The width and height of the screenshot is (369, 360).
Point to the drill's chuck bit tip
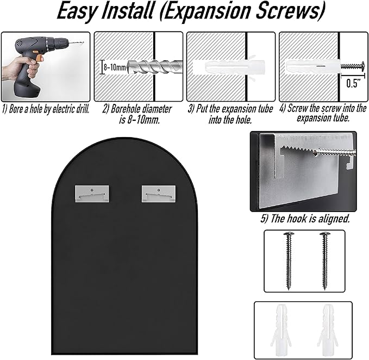(83, 42)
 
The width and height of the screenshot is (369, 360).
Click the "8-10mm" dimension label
(115, 67)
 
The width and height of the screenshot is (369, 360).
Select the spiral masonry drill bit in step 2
(155, 67)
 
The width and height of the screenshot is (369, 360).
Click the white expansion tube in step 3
(229, 67)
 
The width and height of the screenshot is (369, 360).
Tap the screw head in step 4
(361, 66)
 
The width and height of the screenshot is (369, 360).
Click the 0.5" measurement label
(353, 84)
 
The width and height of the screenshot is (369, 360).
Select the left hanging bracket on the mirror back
(92, 194)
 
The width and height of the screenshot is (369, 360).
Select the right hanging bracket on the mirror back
(159, 194)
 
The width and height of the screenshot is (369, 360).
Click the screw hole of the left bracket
(92, 190)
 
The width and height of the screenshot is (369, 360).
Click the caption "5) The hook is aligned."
(305, 219)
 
